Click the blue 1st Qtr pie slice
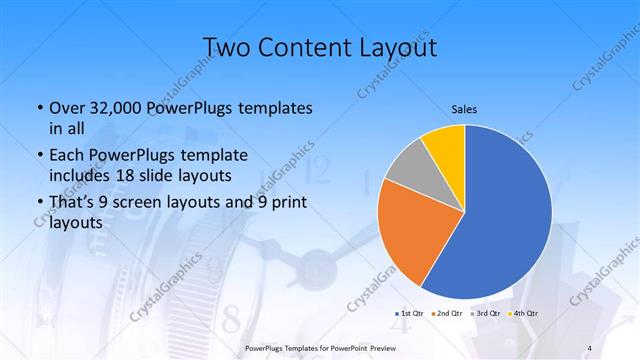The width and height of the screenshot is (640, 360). click(x=505, y=220)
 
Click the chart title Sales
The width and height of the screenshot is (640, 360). click(x=465, y=109)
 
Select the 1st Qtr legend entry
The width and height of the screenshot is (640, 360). click(x=410, y=314)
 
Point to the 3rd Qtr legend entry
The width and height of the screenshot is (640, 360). click(x=486, y=314)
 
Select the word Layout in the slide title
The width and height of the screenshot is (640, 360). click(x=395, y=48)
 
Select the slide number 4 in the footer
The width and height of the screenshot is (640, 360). click(x=591, y=347)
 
